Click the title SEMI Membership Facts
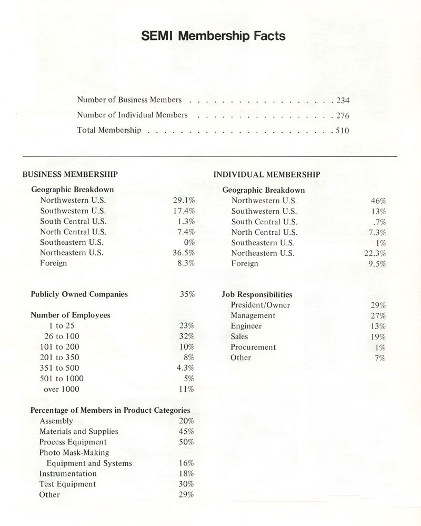tap(213, 36)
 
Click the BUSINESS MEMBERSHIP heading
tap(70, 174)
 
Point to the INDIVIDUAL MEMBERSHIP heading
tap(267, 174)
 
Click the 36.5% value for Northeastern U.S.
tap(184, 253)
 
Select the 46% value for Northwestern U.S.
tap(379, 201)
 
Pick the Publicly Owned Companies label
tap(79, 294)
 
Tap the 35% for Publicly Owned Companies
tap(187, 294)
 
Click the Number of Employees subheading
tap(71, 315)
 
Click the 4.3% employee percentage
tap(186, 368)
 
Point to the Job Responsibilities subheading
tap(257, 295)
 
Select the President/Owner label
tap(260, 305)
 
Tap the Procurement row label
tap(253, 348)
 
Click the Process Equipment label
tap(73, 442)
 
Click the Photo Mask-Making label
tap(74, 453)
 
